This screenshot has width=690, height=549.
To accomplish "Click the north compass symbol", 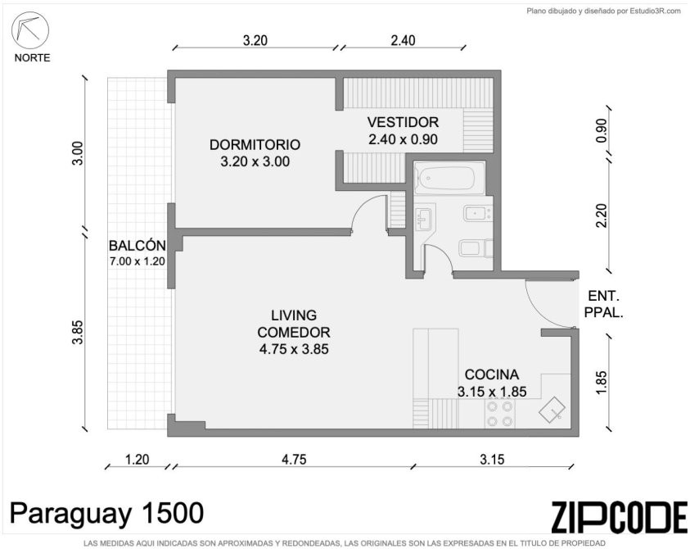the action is point(30,30).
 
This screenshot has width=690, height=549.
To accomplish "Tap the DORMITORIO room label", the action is point(255,144).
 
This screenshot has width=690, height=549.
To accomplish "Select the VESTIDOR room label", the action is point(403,122).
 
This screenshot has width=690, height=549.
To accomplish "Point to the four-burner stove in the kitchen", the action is point(500,413).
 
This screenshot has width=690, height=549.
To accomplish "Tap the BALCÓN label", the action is point(138,246).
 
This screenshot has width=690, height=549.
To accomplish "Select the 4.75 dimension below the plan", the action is point(294,460).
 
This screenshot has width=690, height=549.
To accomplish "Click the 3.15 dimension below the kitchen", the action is point(492,460).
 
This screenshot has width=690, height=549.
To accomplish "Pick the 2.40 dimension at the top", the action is point(403,40).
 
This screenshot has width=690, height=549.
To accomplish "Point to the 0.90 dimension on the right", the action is point(601,130).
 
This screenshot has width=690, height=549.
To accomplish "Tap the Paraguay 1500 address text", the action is point(106,513).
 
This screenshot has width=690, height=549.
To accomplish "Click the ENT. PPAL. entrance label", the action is point(603,304).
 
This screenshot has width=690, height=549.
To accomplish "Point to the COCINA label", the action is point(492,374).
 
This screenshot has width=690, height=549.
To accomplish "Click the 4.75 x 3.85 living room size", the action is point(294,349).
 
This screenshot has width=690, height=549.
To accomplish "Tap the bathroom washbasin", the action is point(425,217).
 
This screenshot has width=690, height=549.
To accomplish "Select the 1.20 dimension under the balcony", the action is point(138,460).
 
